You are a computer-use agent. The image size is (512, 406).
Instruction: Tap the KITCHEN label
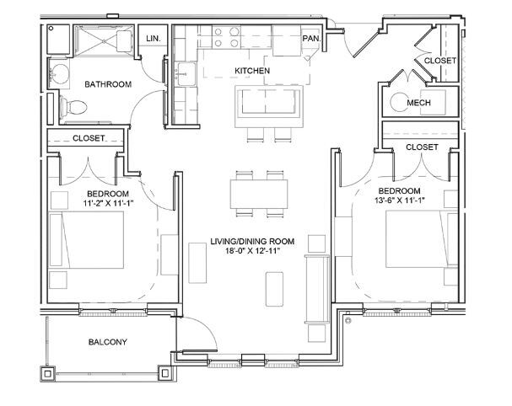[x=251, y=71]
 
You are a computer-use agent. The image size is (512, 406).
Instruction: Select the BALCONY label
[x=107, y=342]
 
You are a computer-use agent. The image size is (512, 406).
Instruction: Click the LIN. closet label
[x=154, y=39]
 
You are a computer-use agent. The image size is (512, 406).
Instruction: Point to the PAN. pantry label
[x=311, y=39]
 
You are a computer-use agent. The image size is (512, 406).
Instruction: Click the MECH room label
[x=419, y=103]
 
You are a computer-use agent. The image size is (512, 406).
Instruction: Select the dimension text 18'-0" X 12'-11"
[x=252, y=251]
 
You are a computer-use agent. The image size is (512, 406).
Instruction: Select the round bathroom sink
[x=60, y=73]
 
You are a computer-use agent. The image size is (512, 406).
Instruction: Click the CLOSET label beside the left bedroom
[x=89, y=138]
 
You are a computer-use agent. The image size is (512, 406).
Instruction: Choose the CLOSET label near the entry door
[x=439, y=61]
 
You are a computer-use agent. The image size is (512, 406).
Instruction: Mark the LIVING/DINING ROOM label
[x=252, y=240]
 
